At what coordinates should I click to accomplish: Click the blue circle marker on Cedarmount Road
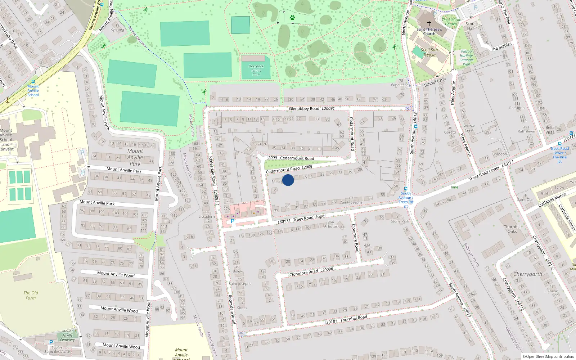tap(288, 180)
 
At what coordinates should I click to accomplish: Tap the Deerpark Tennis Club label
tap(256, 71)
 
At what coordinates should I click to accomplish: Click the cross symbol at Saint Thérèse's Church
tap(429, 23)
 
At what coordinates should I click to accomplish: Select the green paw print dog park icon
tap(292, 17)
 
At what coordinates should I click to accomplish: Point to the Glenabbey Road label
tap(304, 109)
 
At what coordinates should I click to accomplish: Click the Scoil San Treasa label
tap(429, 53)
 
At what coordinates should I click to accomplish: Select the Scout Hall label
tap(471, 26)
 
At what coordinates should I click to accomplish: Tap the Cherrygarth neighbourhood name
tap(527, 274)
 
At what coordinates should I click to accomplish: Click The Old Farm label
tap(31, 295)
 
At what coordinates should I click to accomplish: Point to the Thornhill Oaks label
tap(512, 229)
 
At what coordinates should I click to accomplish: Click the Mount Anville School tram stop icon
tap(33, 82)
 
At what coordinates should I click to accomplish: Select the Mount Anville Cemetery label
tap(67, 335)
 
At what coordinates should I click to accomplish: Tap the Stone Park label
tap(400, 221)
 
